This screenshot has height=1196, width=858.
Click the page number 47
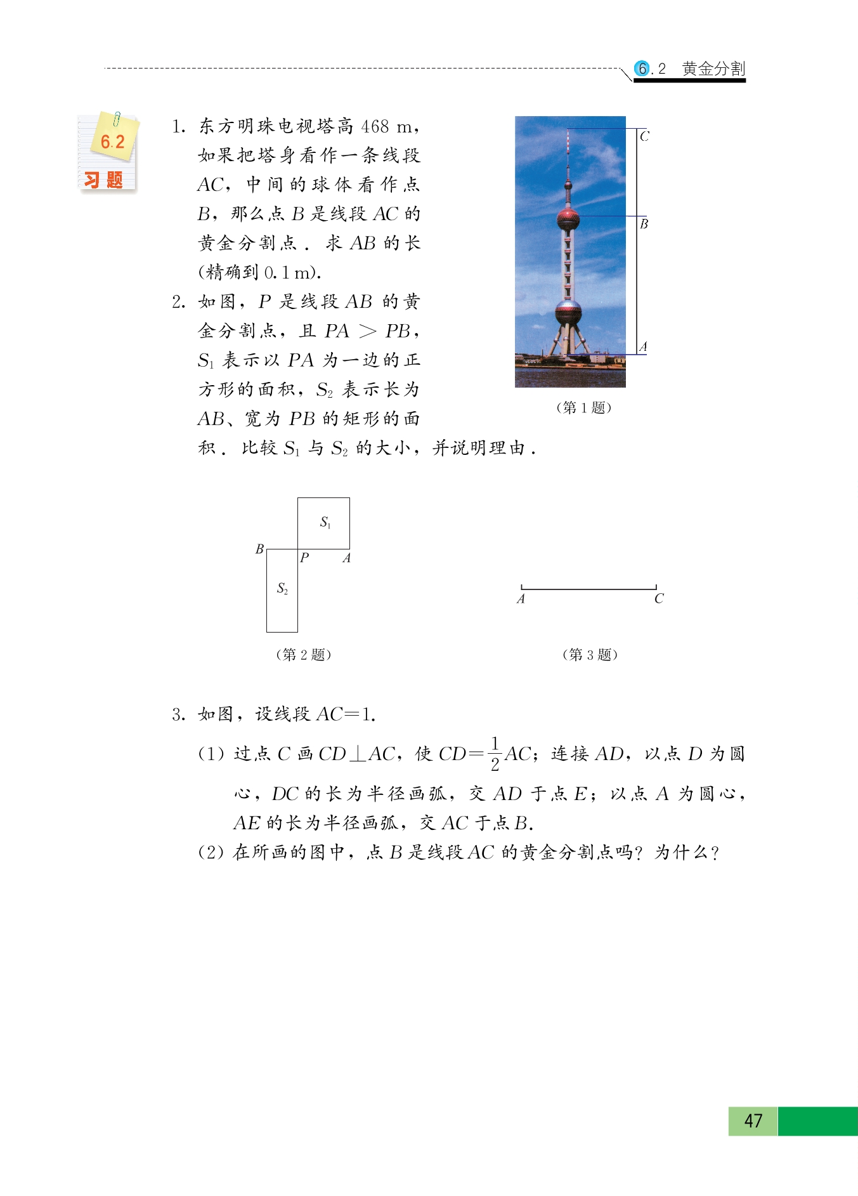point(753,1120)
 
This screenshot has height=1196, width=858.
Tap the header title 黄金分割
point(713,69)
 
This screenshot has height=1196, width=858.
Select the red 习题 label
point(104,180)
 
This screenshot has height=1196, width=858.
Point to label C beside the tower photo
point(644,136)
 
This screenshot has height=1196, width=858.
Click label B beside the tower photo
point(644,224)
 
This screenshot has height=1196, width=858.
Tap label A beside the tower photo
point(643,346)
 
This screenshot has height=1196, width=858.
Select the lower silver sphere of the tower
point(568,313)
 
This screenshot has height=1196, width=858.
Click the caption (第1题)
point(583,407)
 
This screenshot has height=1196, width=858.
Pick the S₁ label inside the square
point(325,522)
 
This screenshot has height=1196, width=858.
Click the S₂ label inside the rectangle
point(282,589)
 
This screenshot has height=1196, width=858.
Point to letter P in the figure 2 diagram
point(304,558)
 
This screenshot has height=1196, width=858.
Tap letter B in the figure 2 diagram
point(259,549)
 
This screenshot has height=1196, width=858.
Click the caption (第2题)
point(304,654)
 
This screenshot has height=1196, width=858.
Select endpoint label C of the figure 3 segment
point(659,598)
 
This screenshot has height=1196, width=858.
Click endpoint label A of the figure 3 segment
point(521,598)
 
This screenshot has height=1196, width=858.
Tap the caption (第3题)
point(590,654)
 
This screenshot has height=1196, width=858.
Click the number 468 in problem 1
point(375,126)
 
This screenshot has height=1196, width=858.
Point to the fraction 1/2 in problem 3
point(495,754)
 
